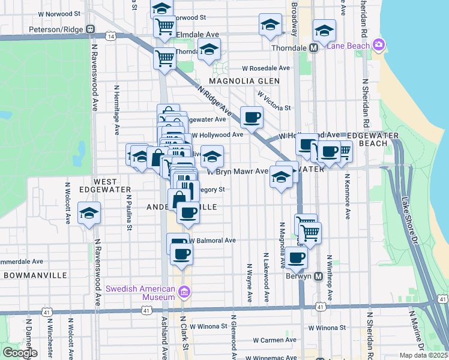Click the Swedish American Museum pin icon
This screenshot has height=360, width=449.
coord(184,293)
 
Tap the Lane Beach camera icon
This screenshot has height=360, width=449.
coord(378,45)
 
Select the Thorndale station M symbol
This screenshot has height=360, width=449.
coord(313,48)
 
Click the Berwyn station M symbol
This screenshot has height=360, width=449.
coord(319,277)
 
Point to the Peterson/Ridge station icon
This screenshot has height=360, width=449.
coord(90,28)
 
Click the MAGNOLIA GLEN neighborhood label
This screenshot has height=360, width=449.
coord(244,81)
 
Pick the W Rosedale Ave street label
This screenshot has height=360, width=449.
coord(266,68)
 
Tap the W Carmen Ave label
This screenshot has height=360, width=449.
coord(274,340)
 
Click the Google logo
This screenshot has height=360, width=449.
coord(20,353)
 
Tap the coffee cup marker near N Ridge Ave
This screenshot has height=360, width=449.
coord(252,116)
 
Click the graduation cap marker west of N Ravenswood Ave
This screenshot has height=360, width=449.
coord(89,214)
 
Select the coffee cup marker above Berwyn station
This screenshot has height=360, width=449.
coord(295,257)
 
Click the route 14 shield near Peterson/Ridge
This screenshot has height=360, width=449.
coord(111,37)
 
